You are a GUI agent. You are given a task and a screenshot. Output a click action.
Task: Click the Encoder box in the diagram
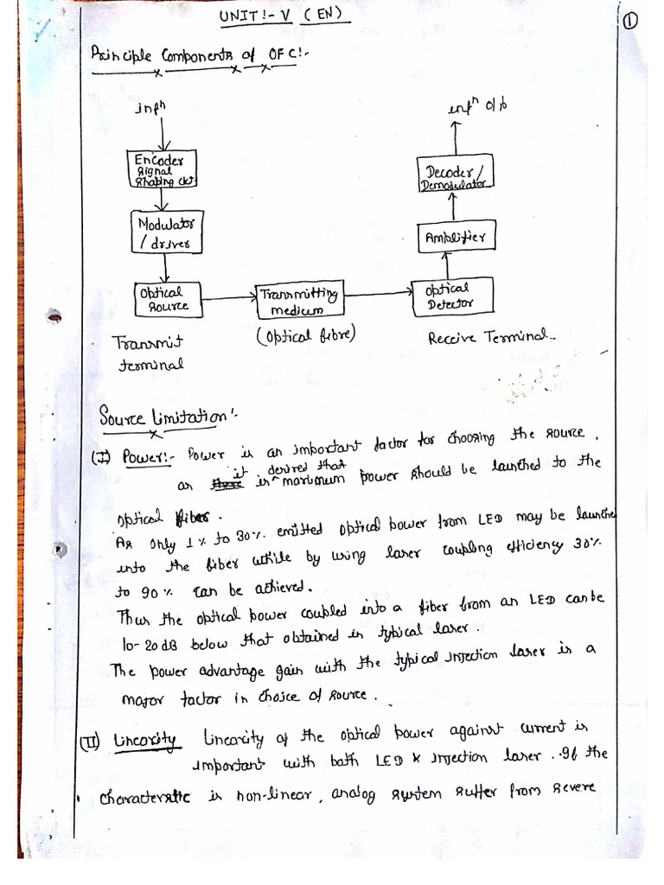coord(161,169)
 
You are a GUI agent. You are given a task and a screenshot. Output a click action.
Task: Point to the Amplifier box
coord(455,235)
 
